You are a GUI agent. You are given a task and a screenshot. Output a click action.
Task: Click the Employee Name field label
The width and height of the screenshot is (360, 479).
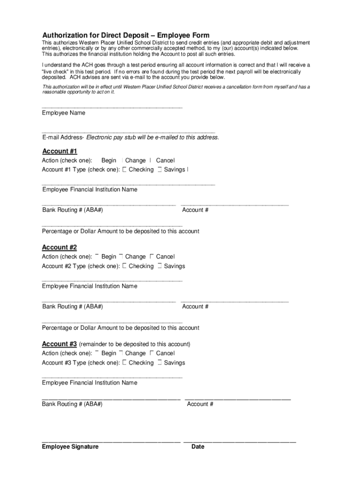(64, 113)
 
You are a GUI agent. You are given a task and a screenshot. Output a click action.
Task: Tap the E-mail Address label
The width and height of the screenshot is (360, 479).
(63, 138)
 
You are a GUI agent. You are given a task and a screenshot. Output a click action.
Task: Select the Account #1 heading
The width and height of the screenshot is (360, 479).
(59, 151)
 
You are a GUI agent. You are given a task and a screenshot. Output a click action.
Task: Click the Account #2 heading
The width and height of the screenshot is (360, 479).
(59, 247)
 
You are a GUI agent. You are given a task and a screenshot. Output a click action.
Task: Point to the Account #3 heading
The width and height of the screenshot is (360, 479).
(59, 344)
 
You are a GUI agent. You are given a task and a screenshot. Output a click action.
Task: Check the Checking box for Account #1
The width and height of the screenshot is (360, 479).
(124, 170)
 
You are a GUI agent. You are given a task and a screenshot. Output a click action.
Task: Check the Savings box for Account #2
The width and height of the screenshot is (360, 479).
(160, 266)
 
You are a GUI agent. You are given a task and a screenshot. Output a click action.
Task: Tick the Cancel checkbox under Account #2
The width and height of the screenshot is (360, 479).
(151, 256)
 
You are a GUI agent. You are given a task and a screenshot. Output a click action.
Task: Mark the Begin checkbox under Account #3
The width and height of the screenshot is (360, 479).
(97, 353)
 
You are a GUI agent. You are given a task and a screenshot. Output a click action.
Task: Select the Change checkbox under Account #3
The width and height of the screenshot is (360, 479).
(121, 353)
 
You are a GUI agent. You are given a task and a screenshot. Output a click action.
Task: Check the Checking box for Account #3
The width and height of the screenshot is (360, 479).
(124, 363)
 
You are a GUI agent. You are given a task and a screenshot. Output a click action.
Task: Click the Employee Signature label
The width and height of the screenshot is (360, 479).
(70, 447)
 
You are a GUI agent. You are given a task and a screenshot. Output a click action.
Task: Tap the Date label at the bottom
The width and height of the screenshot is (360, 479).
(198, 447)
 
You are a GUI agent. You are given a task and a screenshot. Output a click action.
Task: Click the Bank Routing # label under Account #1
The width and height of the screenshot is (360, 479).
(72, 210)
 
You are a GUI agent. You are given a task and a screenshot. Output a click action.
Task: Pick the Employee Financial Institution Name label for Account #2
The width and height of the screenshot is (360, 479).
(90, 286)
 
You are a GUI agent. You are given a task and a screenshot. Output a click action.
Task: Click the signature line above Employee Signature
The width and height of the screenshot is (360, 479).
(111, 441)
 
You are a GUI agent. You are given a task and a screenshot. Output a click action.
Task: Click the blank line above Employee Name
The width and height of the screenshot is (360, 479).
(112, 108)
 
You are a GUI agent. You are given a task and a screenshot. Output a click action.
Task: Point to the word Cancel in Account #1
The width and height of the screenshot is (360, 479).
(165, 160)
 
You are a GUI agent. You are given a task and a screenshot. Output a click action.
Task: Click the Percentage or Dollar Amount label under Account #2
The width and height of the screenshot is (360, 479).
(121, 328)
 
